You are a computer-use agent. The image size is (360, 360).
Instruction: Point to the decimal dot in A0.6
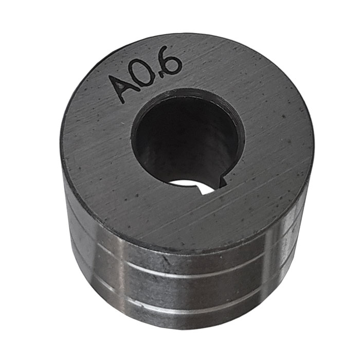click(163, 74)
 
